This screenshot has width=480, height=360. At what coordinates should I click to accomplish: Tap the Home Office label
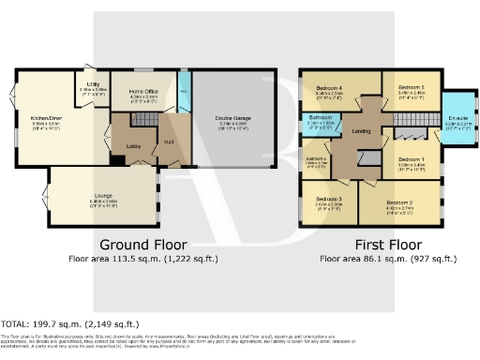point(143,92)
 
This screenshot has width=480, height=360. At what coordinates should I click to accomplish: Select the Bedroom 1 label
point(411,160)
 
